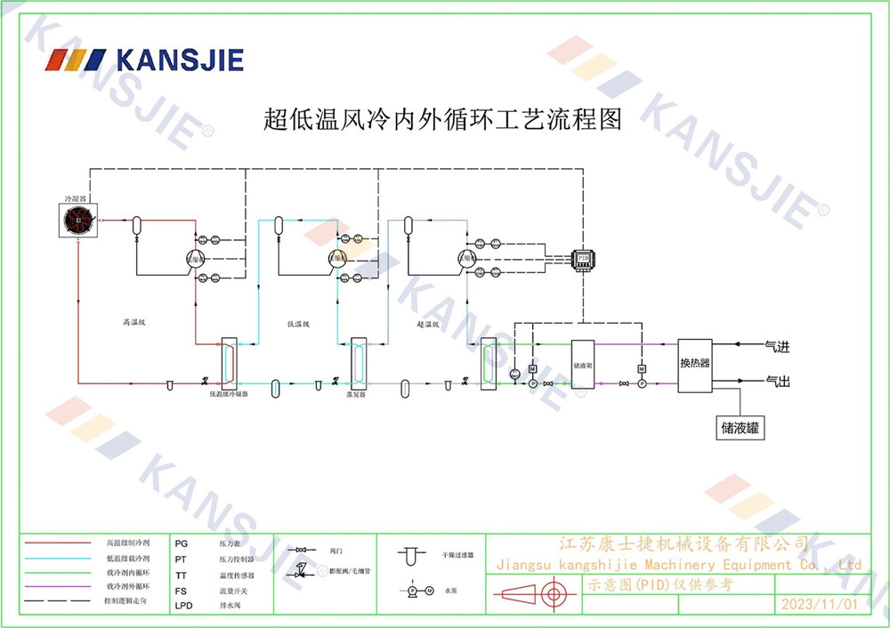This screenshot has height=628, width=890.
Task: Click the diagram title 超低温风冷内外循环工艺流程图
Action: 442,119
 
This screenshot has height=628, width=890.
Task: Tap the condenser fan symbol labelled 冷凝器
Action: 79,219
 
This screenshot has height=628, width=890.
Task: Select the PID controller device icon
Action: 583,258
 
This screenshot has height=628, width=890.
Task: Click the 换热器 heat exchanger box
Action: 694,364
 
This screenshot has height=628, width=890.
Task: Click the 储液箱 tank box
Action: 583,364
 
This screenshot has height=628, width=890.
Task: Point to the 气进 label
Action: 777,345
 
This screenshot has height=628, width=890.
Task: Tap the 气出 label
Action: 777,381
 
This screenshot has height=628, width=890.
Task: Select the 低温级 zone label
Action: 298,324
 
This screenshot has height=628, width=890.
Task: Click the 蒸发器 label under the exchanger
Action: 356,393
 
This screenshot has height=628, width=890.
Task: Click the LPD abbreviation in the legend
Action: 183,606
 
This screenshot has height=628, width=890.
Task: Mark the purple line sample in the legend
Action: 58,586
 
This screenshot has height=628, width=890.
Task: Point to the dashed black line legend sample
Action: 58,602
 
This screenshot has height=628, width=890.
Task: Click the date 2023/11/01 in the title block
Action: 817,605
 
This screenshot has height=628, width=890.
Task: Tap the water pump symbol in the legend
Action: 419,590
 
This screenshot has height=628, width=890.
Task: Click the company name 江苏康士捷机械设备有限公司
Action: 683,543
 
